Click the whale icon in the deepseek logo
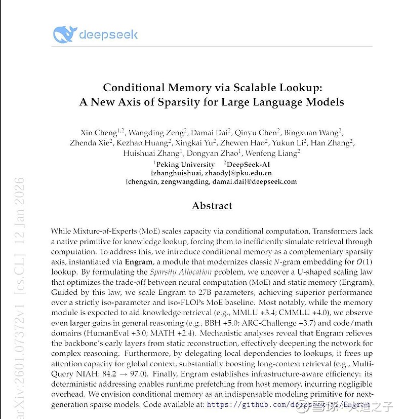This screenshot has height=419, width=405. coord(64,34)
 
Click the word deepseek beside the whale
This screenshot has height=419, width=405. coord(108,34)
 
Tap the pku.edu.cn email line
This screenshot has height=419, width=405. coord(212,173)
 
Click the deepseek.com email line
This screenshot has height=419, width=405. coord(211,181)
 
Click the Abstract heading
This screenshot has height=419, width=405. coord(212,206)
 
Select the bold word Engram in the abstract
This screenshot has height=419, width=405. coord(139,262)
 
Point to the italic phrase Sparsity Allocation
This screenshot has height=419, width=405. coord(174,272)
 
